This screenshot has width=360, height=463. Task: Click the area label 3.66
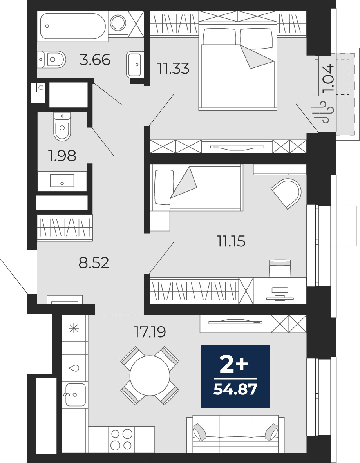point(95,60)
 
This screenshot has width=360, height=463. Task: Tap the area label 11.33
point(174,69)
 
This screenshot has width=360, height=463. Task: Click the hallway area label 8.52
point(94,262)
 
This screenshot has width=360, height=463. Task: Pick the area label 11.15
point(231,241)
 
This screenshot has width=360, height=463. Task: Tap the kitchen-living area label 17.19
point(150,332)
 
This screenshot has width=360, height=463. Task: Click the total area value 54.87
point(235,389)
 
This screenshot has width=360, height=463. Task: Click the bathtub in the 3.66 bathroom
point(72,26)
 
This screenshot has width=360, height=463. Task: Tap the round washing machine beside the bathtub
point(118,22)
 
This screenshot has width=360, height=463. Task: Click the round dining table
point(150,376)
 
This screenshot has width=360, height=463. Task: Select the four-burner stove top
point(121,439)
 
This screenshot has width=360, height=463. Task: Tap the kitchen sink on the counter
point(76,395)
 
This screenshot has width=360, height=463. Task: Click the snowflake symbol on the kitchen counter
point(74,328)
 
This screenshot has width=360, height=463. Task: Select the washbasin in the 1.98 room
point(62,181)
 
